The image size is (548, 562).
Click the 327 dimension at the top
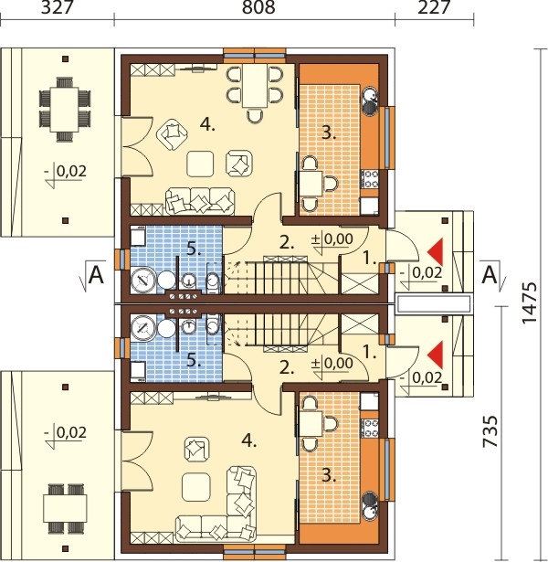(58, 7)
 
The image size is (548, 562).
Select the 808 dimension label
(258, 7)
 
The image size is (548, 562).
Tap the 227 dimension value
(434, 7)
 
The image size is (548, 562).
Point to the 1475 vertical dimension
(530, 302)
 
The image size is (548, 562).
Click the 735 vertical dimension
(490, 431)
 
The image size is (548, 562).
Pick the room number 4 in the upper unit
(207, 124)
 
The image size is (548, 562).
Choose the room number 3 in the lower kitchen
(329, 476)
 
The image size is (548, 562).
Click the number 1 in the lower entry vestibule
(370, 353)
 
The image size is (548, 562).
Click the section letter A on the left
(96, 275)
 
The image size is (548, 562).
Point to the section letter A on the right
(490, 275)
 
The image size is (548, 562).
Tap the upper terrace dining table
(65, 110)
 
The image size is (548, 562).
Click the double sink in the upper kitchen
(371, 101)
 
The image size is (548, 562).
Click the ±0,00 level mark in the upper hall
(332, 239)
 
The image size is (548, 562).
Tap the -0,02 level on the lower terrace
(66, 432)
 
